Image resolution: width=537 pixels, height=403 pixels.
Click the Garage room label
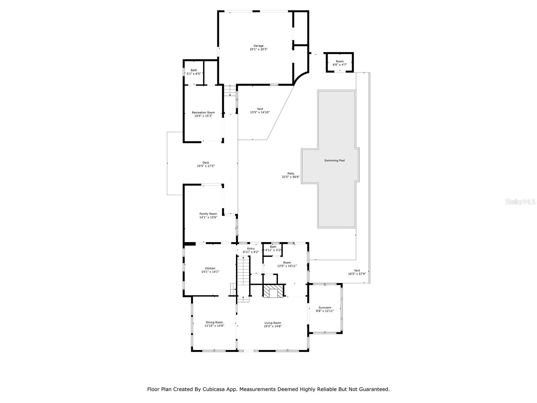[x=258, y=46]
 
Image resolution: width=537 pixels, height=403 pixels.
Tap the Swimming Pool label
[x=334, y=161]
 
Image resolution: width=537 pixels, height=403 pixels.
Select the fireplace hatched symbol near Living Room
[x=273, y=292]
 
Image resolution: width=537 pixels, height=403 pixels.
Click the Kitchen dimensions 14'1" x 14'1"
[x=210, y=272]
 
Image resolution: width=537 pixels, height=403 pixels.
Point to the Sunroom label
[x=325, y=308]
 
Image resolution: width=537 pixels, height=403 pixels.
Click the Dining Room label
[x=214, y=322]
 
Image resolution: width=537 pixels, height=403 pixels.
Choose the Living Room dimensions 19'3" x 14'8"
[x=273, y=326]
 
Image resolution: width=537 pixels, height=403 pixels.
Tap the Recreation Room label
[x=203, y=113]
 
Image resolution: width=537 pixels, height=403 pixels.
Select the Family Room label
[x=208, y=214]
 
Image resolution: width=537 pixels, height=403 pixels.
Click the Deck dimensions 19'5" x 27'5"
[x=206, y=166]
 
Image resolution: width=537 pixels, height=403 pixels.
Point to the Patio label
[x=291, y=173]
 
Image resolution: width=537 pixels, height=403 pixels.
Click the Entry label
[x=251, y=249]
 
